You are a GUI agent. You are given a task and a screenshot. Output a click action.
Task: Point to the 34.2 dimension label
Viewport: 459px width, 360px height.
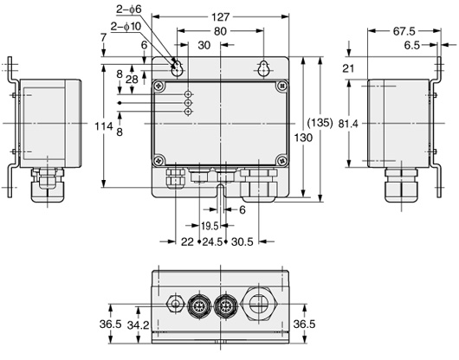(x=136, y=325)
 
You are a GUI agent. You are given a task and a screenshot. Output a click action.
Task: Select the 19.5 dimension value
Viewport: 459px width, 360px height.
(x=208, y=224)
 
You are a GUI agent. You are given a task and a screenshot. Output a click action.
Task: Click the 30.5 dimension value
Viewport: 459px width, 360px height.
(x=242, y=242)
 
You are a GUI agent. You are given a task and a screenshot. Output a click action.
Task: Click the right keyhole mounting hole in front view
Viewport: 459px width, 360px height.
(x=262, y=67)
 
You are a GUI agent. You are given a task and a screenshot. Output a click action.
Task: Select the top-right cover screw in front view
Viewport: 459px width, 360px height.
(x=281, y=86)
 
